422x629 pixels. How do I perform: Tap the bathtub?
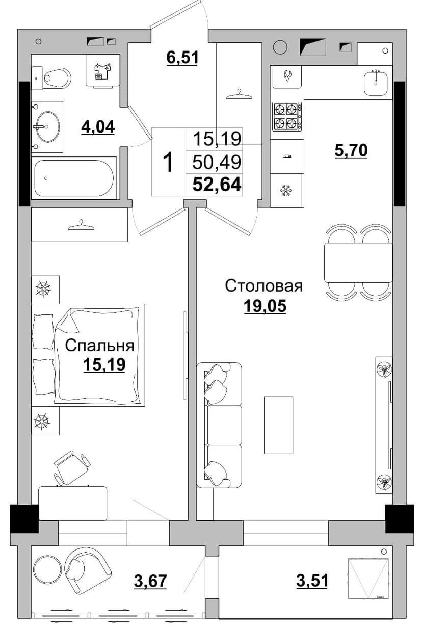click(x=74, y=178)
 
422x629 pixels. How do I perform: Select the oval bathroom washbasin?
click(x=47, y=126)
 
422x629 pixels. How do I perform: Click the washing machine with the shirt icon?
click(x=103, y=70)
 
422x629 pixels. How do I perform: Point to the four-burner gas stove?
click(x=287, y=117)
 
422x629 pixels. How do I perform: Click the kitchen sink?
click(x=376, y=82)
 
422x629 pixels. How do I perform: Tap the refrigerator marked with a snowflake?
click(x=286, y=191)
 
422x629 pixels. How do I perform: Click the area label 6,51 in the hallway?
click(x=182, y=57)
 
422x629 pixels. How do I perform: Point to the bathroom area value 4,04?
click(x=98, y=127)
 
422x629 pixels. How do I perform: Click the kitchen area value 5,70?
click(x=351, y=150)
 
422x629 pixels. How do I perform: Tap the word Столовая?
click(x=264, y=286)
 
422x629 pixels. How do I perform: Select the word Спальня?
click(x=100, y=346)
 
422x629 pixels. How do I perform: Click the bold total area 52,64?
click(x=217, y=185)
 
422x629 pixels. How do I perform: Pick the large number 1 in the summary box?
click(x=169, y=162)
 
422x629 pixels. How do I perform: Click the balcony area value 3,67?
click(x=150, y=581)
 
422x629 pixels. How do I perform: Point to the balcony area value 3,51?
click(x=312, y=581)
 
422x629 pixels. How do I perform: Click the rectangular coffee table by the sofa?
click(x=278, y=425)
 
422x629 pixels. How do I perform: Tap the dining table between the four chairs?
click(x=358, y=263)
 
